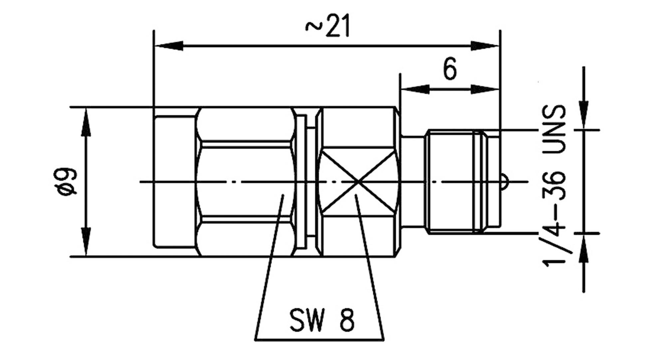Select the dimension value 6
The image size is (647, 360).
coord(450,69)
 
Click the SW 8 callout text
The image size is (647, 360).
coord(322,320)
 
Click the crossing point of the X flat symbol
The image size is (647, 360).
coord(357,182)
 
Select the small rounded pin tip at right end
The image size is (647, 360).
coord(504,182)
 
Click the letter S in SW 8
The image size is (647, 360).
coord(297,320)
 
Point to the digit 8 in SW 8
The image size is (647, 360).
coord(346,320)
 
